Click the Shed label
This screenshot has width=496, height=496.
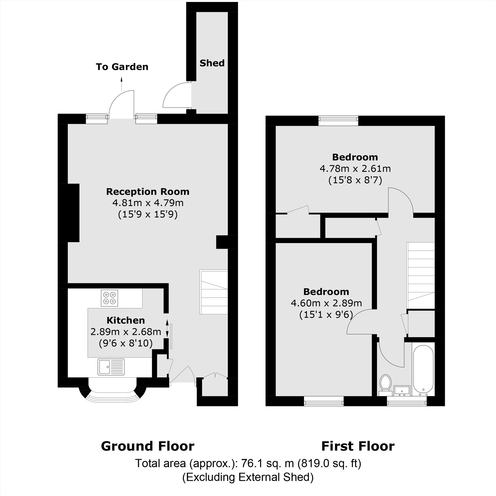(212, 63)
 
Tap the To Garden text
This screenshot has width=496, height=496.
(122, 67)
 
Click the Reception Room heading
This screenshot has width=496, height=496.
(148, 191)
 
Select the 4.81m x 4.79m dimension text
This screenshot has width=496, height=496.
(148, 203)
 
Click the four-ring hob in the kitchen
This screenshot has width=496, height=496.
(109, 298)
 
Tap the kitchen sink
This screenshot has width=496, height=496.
(111, 367)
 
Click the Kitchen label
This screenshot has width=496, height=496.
(125, 320)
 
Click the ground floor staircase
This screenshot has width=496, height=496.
(214, 292)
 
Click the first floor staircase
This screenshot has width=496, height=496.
(421, 276)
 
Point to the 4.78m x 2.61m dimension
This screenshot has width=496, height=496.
(355, 169)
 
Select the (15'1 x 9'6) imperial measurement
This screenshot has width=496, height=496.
(326, 314)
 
